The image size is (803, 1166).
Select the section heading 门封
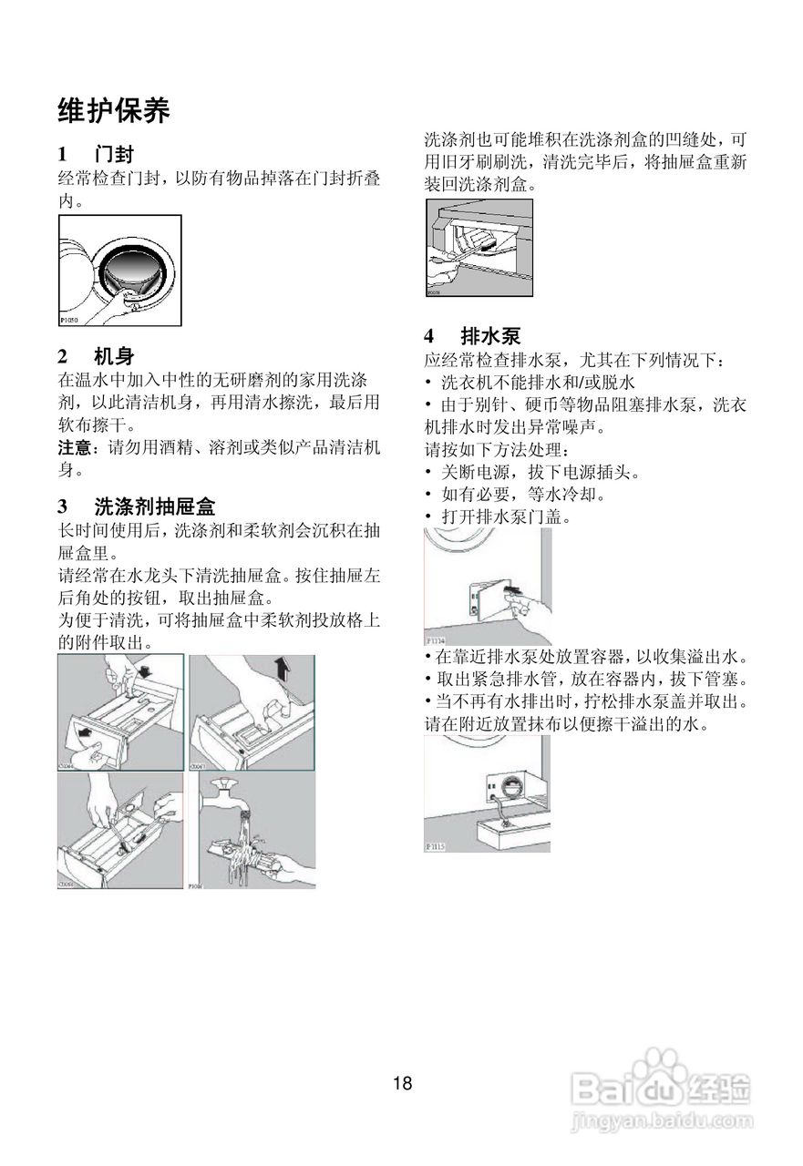[113, 153]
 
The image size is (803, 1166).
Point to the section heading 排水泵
[490, 334]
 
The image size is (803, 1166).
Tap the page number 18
[402, 1083]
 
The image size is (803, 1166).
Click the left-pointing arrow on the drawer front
[81, 731]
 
